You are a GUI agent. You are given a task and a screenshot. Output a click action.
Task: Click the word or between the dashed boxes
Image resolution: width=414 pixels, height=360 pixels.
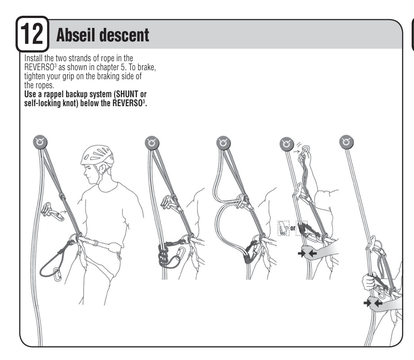pyautogui.click(x=292, y=229)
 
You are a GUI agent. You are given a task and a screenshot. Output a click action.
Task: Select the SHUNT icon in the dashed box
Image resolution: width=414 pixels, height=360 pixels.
pyautogui.click(x=282, y=229)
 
